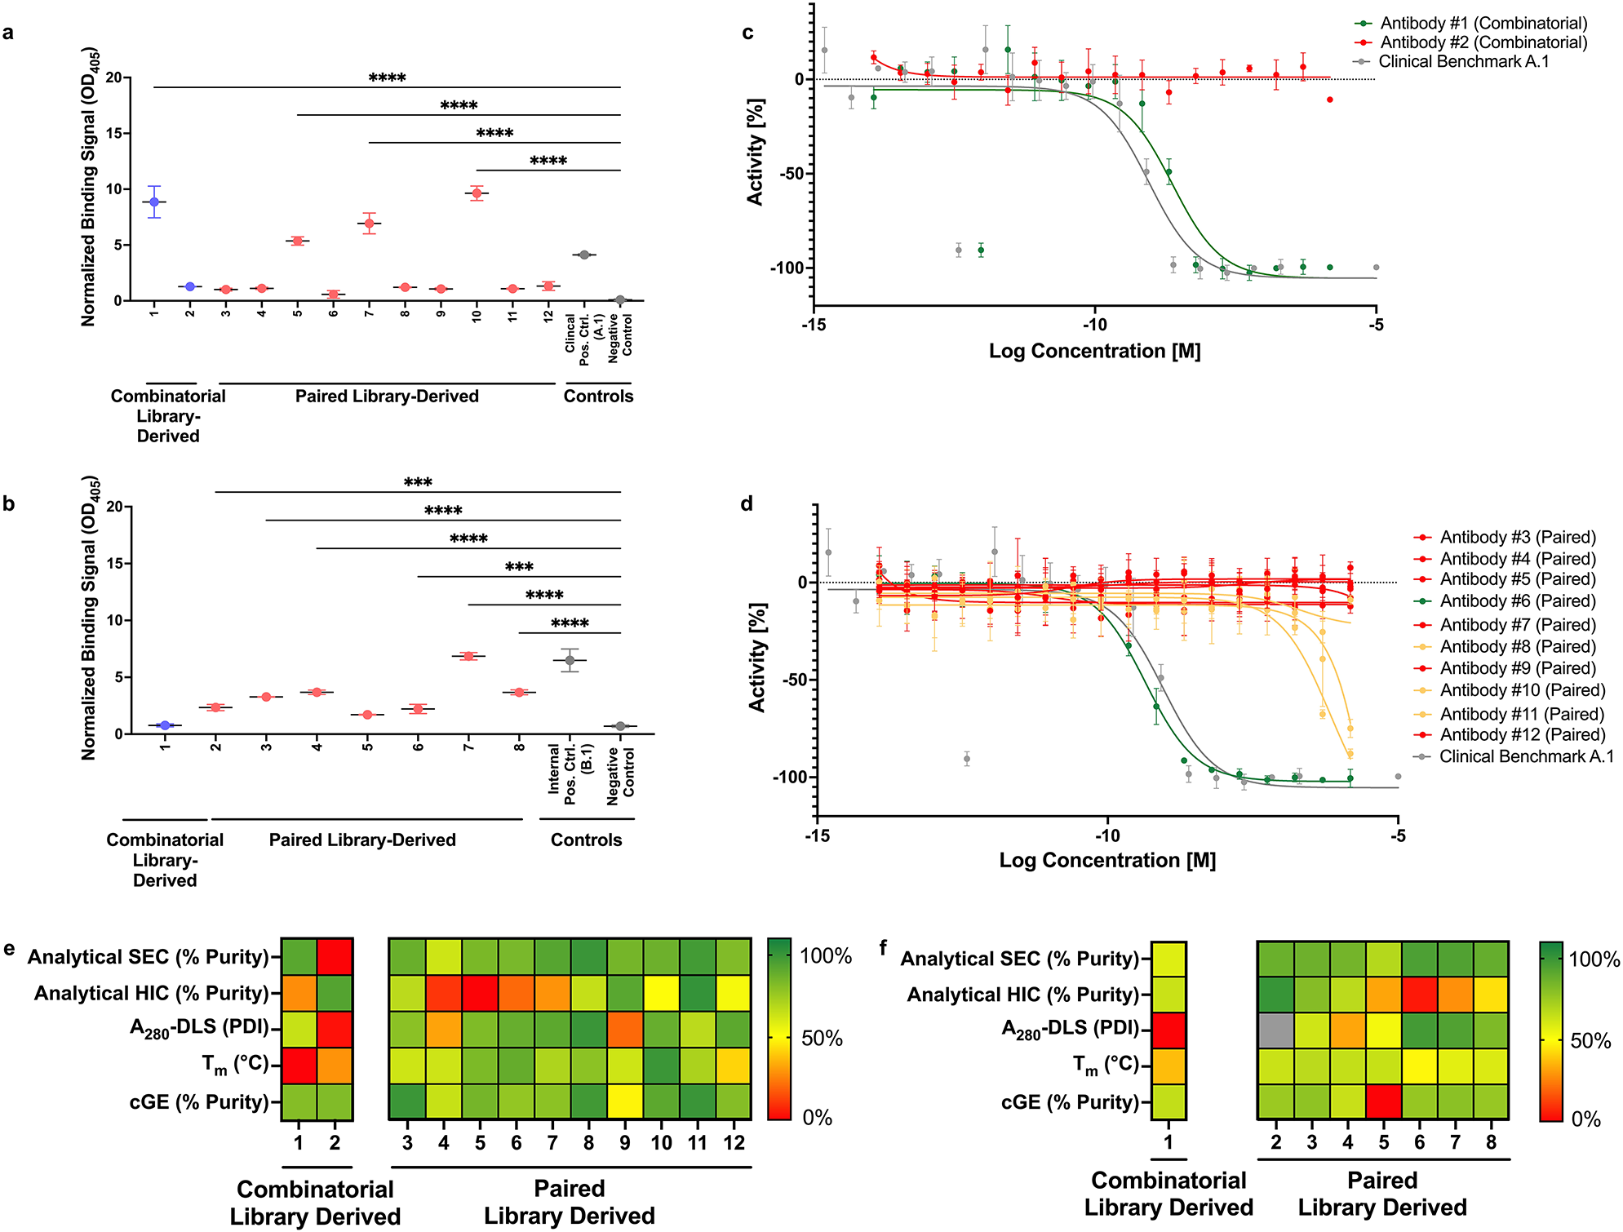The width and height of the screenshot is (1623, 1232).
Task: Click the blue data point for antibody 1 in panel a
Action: (154, 202)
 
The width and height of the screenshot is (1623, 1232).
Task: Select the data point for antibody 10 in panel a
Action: (477, 193)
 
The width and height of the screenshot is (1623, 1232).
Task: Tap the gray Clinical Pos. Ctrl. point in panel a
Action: (584, 255)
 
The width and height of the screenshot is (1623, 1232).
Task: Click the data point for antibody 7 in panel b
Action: (468, 655)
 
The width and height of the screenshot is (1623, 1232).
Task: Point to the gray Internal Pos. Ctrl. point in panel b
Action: (570, 660)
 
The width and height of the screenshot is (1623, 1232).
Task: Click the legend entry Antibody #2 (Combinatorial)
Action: (1483, 42)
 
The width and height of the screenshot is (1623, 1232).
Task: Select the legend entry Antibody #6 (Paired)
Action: (1516, 601)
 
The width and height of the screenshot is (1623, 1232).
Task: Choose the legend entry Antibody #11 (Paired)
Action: (1521, 714)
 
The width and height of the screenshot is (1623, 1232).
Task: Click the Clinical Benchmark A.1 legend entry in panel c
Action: (1463, 62)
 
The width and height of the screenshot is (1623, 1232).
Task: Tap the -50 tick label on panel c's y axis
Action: (791, 174)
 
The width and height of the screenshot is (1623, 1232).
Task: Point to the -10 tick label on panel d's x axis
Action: (1107, 836)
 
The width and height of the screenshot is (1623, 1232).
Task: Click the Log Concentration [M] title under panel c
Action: (1094, 352)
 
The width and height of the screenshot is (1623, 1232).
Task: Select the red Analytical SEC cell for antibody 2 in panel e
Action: (335, 956)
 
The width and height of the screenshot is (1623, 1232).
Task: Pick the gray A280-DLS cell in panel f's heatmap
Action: (1275, 1030)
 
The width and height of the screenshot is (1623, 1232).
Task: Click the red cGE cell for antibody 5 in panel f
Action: (1383, 1101)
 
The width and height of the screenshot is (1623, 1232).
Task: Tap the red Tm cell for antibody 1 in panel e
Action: (299, 1066)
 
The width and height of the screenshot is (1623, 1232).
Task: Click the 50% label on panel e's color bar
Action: (822, 1039)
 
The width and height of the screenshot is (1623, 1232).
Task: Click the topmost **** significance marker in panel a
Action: (387, 78)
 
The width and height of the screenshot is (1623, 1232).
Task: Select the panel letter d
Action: (747, 504)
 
